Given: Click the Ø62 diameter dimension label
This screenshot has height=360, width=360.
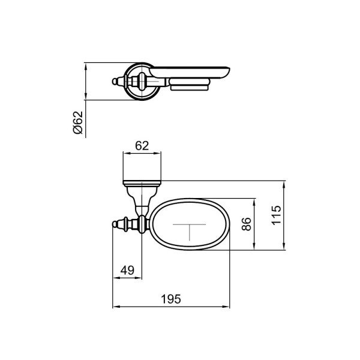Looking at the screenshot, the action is coord(77,122).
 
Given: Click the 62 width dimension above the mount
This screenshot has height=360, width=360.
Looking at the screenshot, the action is coord(142,145).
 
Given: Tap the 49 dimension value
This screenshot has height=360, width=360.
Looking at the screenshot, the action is coord(127,270).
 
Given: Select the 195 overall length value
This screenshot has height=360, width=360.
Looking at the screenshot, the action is coord(171,299).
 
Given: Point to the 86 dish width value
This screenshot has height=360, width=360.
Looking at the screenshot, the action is coord(247,224).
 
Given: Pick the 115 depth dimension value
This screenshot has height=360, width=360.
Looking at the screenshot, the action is coord(276,215).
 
